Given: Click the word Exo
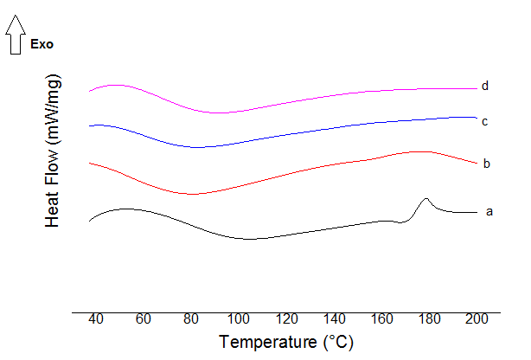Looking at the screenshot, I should click(x=42, y=44).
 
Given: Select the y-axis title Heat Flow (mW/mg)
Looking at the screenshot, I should click(x=54, y=152).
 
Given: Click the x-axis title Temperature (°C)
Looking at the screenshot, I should click(x=286, y=342).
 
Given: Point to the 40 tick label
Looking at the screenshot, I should click(x=96, y=318).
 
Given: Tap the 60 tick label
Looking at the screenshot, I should click(x=144, y=318).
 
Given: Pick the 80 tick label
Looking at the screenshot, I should click(x=191, y=318).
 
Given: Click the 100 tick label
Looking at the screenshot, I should click(x=239, y=318).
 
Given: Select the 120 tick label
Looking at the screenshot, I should click(x=286, y=318).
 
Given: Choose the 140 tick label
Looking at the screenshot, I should click(x=334, y=318).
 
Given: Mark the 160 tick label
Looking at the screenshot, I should click(x=381, y=318).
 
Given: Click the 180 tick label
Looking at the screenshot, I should click(x=429, y=318).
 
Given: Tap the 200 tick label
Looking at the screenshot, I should click(x=477, y=318).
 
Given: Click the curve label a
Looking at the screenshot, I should click(x=489, y=211).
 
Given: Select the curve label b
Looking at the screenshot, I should click(x=487, y=163).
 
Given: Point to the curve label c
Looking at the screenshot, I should click(x=486, y=121).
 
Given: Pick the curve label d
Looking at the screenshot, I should click(x=486, y=86).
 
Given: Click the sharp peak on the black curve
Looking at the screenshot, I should click(x=425, y=199).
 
